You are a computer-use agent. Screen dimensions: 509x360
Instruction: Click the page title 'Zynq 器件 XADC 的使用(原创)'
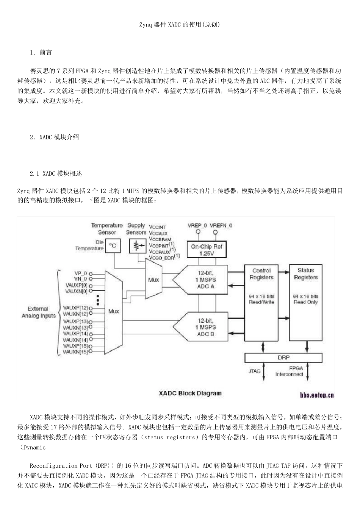coord(180,25)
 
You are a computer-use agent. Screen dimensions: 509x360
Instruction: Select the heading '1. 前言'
coord(41,53)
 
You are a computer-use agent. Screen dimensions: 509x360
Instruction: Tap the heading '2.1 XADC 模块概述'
coord(56,174)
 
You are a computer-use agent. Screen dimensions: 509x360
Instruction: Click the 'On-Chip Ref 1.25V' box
coord(207,250)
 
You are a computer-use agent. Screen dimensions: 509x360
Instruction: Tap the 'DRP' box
coord(283,358)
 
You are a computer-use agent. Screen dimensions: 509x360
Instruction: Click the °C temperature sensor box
coord(113,246)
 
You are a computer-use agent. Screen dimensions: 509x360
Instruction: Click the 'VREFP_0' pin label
coord(197,225)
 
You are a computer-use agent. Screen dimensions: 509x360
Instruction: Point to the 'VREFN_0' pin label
coord(221,225)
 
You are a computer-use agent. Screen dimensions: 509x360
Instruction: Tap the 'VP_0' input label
coord(81,273)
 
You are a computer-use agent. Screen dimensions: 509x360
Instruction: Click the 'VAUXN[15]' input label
coord(75,352)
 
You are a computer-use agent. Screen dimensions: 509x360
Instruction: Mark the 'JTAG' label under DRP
coord(254,371)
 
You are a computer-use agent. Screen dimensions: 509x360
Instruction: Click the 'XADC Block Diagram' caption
coord(190,393)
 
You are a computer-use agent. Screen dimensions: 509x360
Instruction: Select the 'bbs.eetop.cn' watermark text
coord(317,395)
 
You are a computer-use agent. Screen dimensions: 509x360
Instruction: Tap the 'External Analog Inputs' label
coord(38,312)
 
